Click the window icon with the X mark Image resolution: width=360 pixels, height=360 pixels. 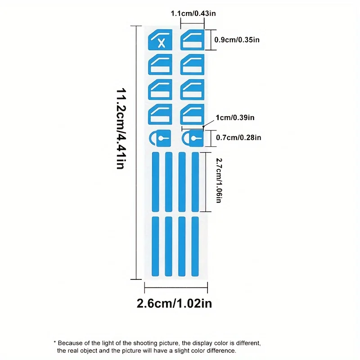(x=160, y=40)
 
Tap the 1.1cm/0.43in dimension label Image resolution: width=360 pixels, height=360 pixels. (x=193, y=13)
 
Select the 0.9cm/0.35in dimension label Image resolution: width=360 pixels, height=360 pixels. (x=237, y=40)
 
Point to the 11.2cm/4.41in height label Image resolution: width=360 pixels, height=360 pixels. (x=120, y=129)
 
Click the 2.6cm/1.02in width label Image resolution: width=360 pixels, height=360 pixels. (x=174, y=303)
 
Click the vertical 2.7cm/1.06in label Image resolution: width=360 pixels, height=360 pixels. (x=218, y=180)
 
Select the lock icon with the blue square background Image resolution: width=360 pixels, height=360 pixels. (x=193, y=138)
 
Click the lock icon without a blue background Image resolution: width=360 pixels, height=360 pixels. (x=160, y=138)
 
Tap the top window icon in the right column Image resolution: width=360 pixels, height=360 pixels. (x=193, y=40)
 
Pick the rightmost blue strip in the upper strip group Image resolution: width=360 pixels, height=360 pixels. (x=195, y=182)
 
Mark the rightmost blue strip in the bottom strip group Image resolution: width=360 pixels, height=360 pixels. (x=195, y=246)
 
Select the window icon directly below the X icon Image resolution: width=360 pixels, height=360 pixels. (x=160, y=64)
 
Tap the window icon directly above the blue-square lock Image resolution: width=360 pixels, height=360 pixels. (x=193, y=114)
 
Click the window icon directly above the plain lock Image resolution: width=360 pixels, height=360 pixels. (x=160, y=114)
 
